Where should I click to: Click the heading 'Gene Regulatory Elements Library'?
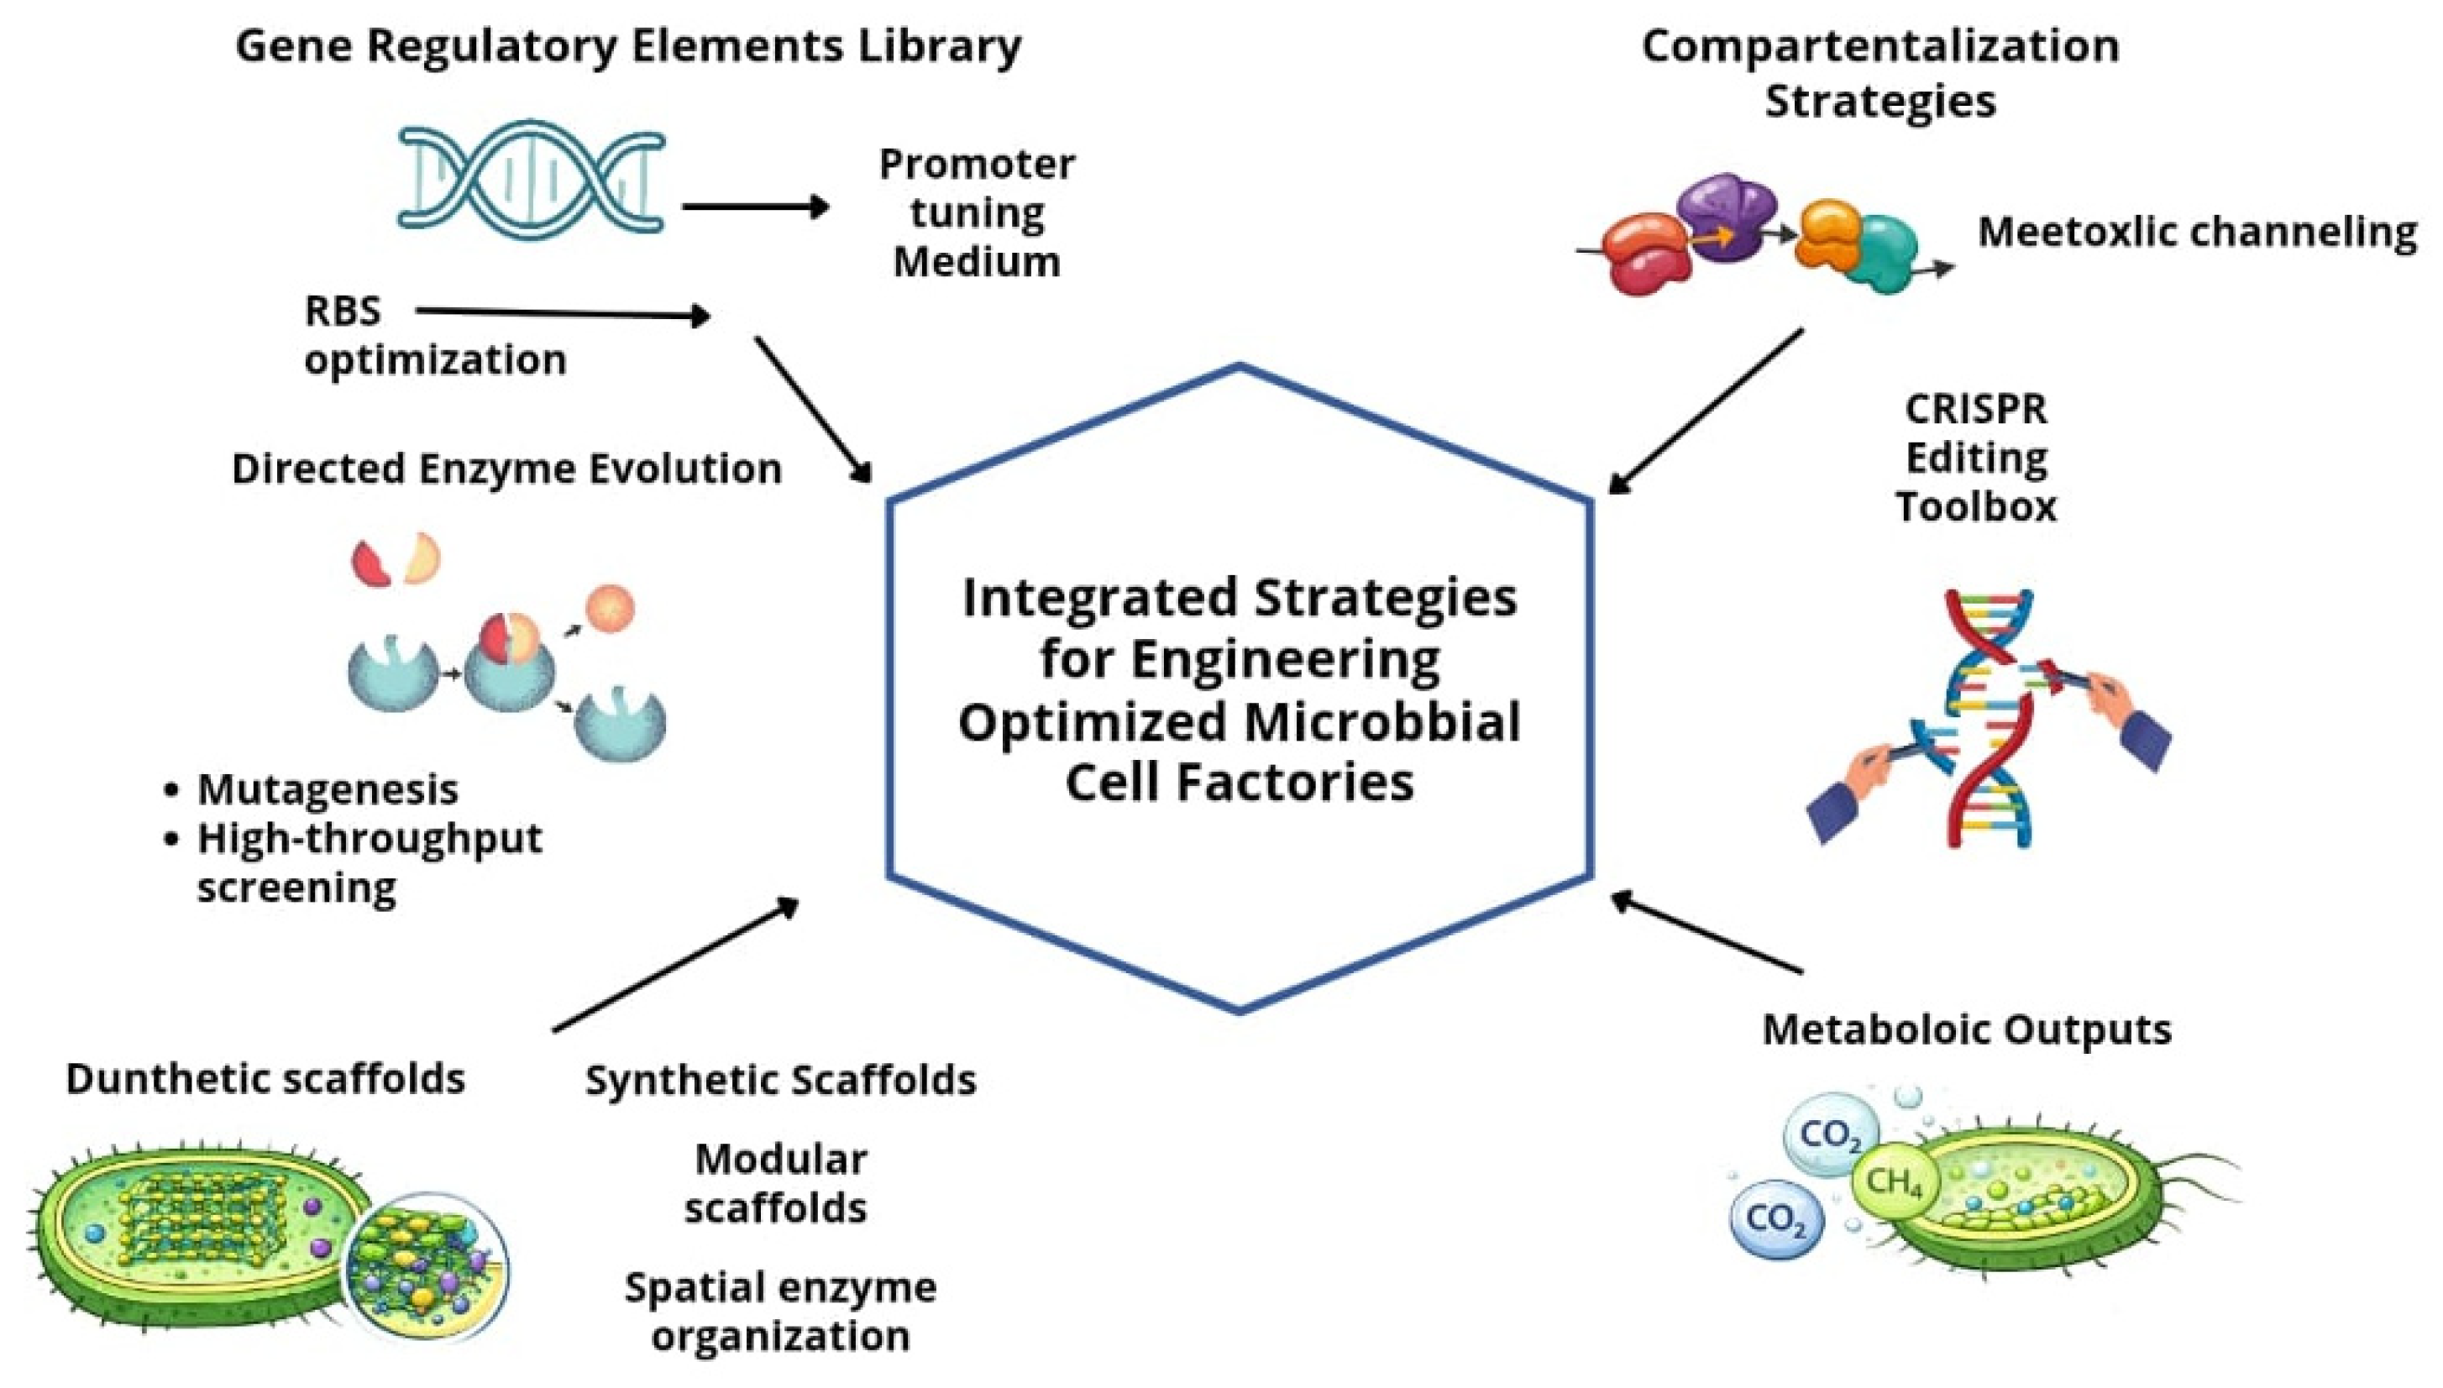click(628, 45)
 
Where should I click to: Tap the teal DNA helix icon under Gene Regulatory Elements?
click(531, 177)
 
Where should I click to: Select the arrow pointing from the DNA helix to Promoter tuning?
click(755, 206)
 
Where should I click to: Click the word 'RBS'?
click(342, 311)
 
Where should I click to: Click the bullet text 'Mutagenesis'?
click(327, 789)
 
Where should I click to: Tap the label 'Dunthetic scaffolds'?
click(265, 1078)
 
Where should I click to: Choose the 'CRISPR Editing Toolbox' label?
click(1975, 458)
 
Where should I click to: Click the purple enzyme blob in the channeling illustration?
click(1727, 216)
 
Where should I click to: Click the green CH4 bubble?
click(1893, 1183)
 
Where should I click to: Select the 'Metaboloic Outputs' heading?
click(1967, 1029)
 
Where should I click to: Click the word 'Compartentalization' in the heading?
click(1879, 45)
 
